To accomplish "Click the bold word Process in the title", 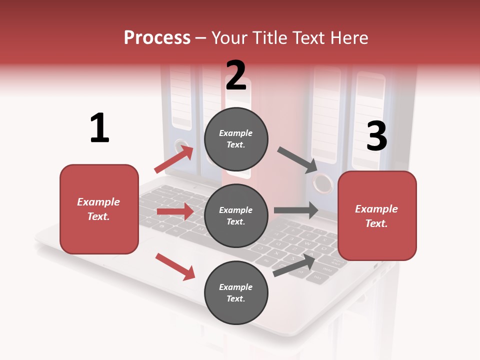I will point(157,37).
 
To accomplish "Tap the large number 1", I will point(99,128).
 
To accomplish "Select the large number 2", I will point(236,75).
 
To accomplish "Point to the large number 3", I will point(376,136).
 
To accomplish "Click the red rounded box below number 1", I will point(99,209).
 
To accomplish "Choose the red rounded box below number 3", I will point(377,215).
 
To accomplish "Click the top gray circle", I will point(236,139).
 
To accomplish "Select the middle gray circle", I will point(236,215).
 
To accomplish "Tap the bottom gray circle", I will point(236,292).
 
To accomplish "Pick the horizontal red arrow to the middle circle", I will point(175,211).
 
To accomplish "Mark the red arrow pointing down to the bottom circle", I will point(175,266).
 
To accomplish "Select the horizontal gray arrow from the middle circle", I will point(296,210).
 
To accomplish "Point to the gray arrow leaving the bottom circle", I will point(294,265).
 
